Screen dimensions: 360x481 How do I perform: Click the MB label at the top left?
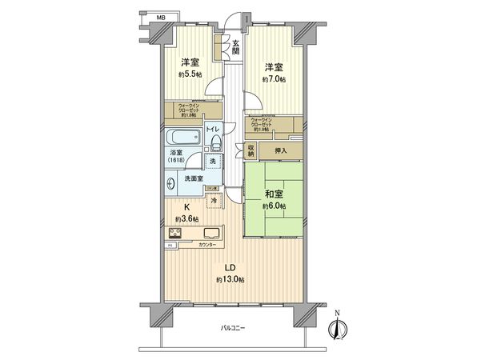point(160,16)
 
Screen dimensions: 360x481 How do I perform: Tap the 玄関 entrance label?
point(235,47)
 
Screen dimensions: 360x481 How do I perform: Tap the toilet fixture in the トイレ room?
point(216,142)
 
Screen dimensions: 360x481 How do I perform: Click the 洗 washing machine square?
point(212,162)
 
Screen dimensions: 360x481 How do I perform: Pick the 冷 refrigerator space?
point(213,201)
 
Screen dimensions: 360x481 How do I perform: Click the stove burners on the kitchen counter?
point(174,234)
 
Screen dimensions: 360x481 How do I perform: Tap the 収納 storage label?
point(251,149)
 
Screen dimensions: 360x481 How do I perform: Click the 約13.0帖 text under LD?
point(230,279)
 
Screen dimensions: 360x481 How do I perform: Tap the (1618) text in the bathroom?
point(176,159)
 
